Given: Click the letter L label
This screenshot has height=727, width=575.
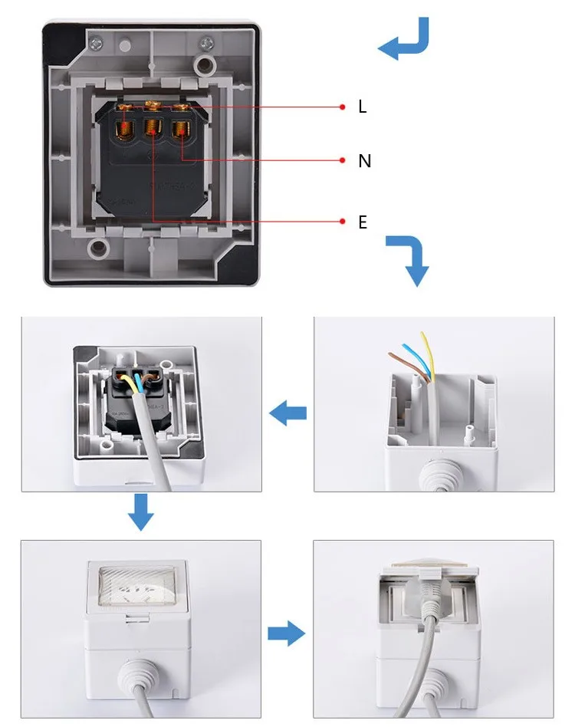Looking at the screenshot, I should [x=363, y=107].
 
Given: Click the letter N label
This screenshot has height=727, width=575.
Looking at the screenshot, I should [x=364, y=161].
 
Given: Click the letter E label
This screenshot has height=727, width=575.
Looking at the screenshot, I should [x=363, y=222].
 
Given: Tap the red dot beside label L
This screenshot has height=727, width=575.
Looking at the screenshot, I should [x=343, y=107].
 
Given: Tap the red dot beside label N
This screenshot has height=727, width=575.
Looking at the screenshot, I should [x=343, y=160].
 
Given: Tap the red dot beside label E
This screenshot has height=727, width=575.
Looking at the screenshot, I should [x=343, y=222].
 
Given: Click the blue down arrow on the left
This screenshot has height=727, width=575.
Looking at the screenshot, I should [x=140, y=512].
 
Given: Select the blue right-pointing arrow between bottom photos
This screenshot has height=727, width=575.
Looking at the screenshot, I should [x=286, y=634].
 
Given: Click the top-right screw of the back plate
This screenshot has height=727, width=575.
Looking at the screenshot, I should [x=205, y=42].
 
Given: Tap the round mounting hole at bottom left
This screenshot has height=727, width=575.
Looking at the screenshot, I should [x=97, y=248].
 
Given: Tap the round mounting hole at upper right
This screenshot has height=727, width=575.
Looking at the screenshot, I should [x=205, y=63].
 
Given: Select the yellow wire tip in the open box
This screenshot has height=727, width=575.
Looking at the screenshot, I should [x=422, y=335].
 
